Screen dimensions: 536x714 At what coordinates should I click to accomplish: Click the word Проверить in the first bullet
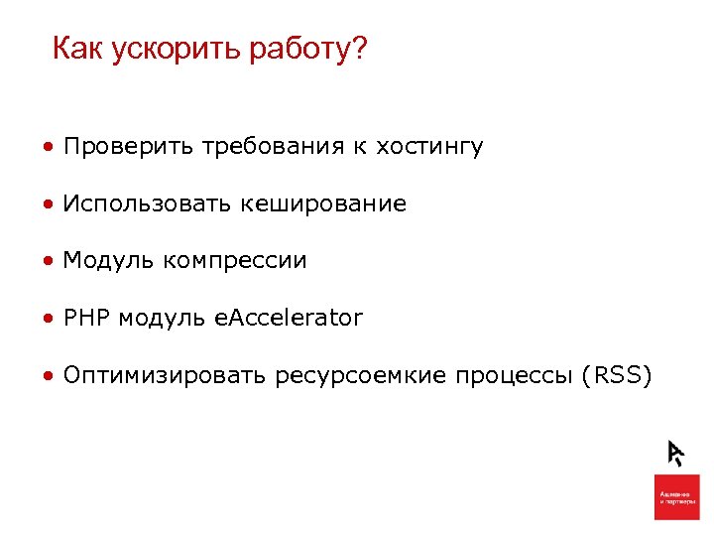pyautogui.click(x=129, y=147)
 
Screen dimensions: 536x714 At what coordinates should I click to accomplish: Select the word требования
pyautogui.click(x=272, y=147)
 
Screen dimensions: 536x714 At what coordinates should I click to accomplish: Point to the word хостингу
pyautogui.click(x=428, y=148)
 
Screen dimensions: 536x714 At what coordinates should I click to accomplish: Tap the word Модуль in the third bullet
pyautogui.click(x=108, y=261)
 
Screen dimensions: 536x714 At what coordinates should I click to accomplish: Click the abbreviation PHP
pyautogui.click(x=86, y=319)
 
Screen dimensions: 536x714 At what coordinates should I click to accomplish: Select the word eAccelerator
pyautogui.click(x=289, y=319)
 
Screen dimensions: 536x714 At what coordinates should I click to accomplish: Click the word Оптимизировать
pyautogui.click(x=165, y=376)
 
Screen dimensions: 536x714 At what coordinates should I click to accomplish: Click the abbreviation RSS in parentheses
pyautogui.click(x=617, y=376)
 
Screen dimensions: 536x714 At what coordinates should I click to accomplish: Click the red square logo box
pyautogui.click(x=676, y=496)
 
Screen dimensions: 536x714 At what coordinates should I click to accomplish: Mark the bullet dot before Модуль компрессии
pyautogui.click(x=48, y=262)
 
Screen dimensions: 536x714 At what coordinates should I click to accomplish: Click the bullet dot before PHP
pyautogui.click(x=48, y=320)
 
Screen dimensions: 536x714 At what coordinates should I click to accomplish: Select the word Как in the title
pyautogui.click(x=77, y=49)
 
